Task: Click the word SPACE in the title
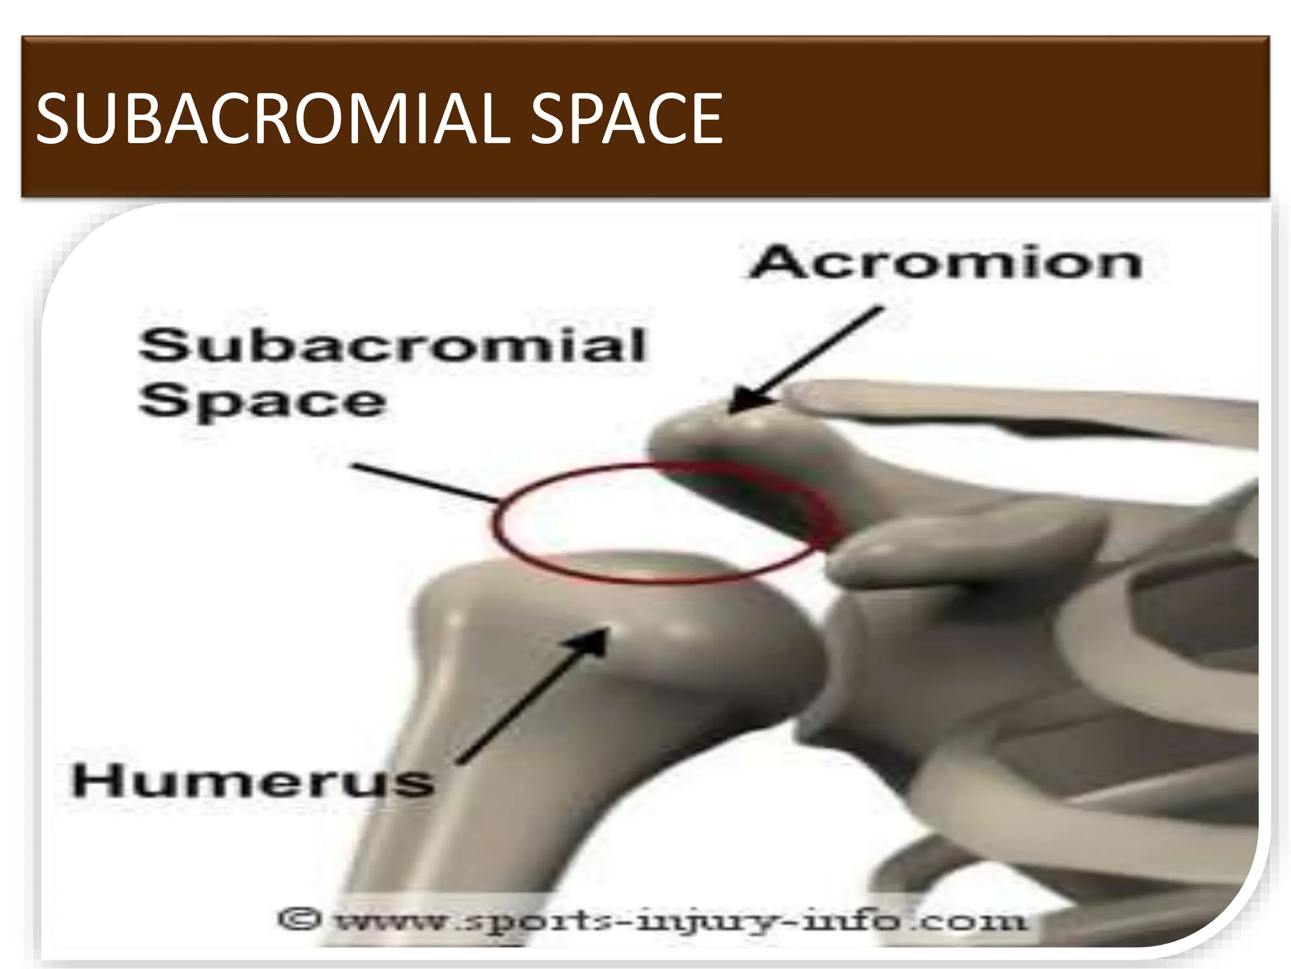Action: (x=625, y=119)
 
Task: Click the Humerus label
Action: (x=253, y=781)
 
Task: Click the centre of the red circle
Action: (x=662, y=520)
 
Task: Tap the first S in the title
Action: (x=53, y=119)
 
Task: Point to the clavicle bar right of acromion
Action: (x=1009, y=404)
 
